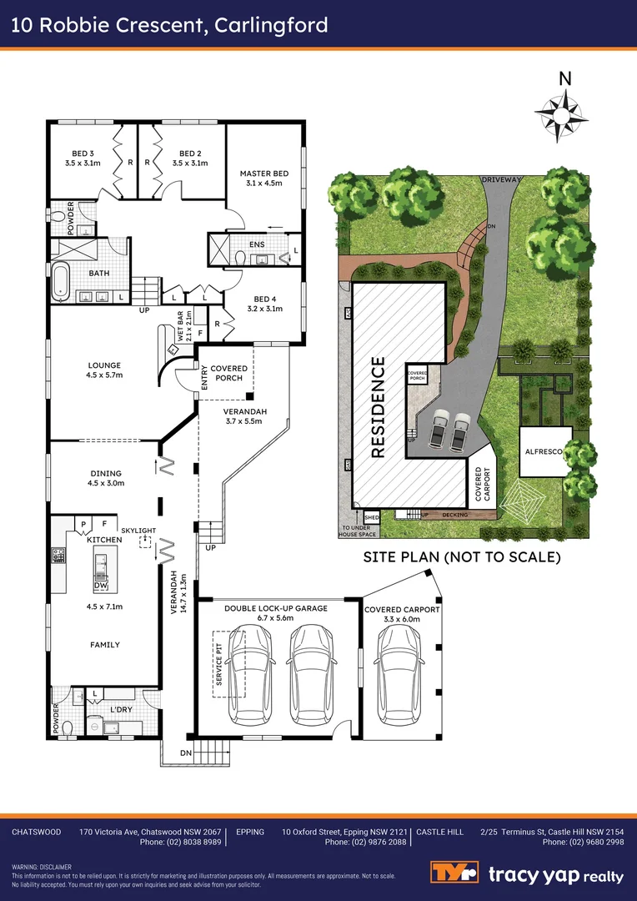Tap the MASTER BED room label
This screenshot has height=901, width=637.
point(263,179)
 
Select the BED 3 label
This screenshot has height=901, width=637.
point(81,158)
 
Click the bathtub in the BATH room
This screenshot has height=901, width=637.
point(61,282)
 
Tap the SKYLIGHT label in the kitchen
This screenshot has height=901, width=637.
point(138,530)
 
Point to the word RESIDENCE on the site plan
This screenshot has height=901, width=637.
point(378,407)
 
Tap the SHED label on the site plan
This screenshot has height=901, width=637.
point(371,516)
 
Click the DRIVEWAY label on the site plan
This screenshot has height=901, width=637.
point(500,179)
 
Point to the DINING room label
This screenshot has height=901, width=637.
point(105,477)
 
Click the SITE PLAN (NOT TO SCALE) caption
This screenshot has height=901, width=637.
point(461,556)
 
